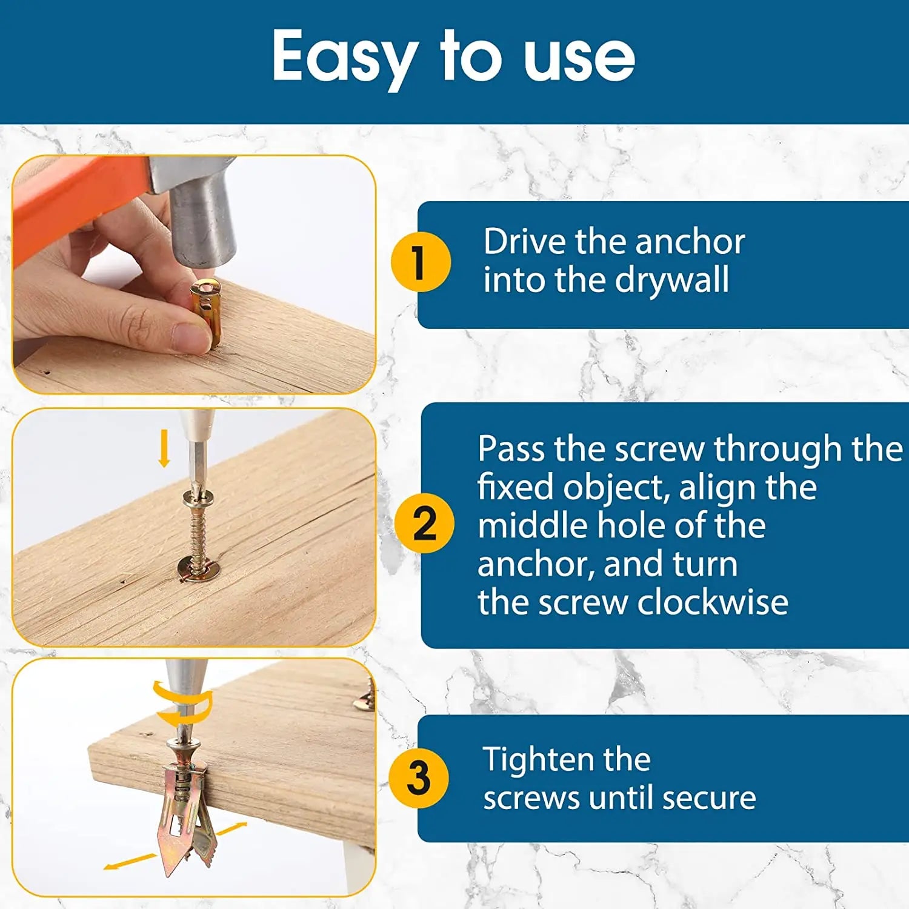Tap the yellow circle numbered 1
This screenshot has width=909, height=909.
(420, 262)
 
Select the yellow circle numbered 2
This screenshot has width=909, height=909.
(424, 523)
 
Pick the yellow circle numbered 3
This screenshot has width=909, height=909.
(419, 777)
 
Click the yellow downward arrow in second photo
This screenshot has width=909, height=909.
(164, 448)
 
